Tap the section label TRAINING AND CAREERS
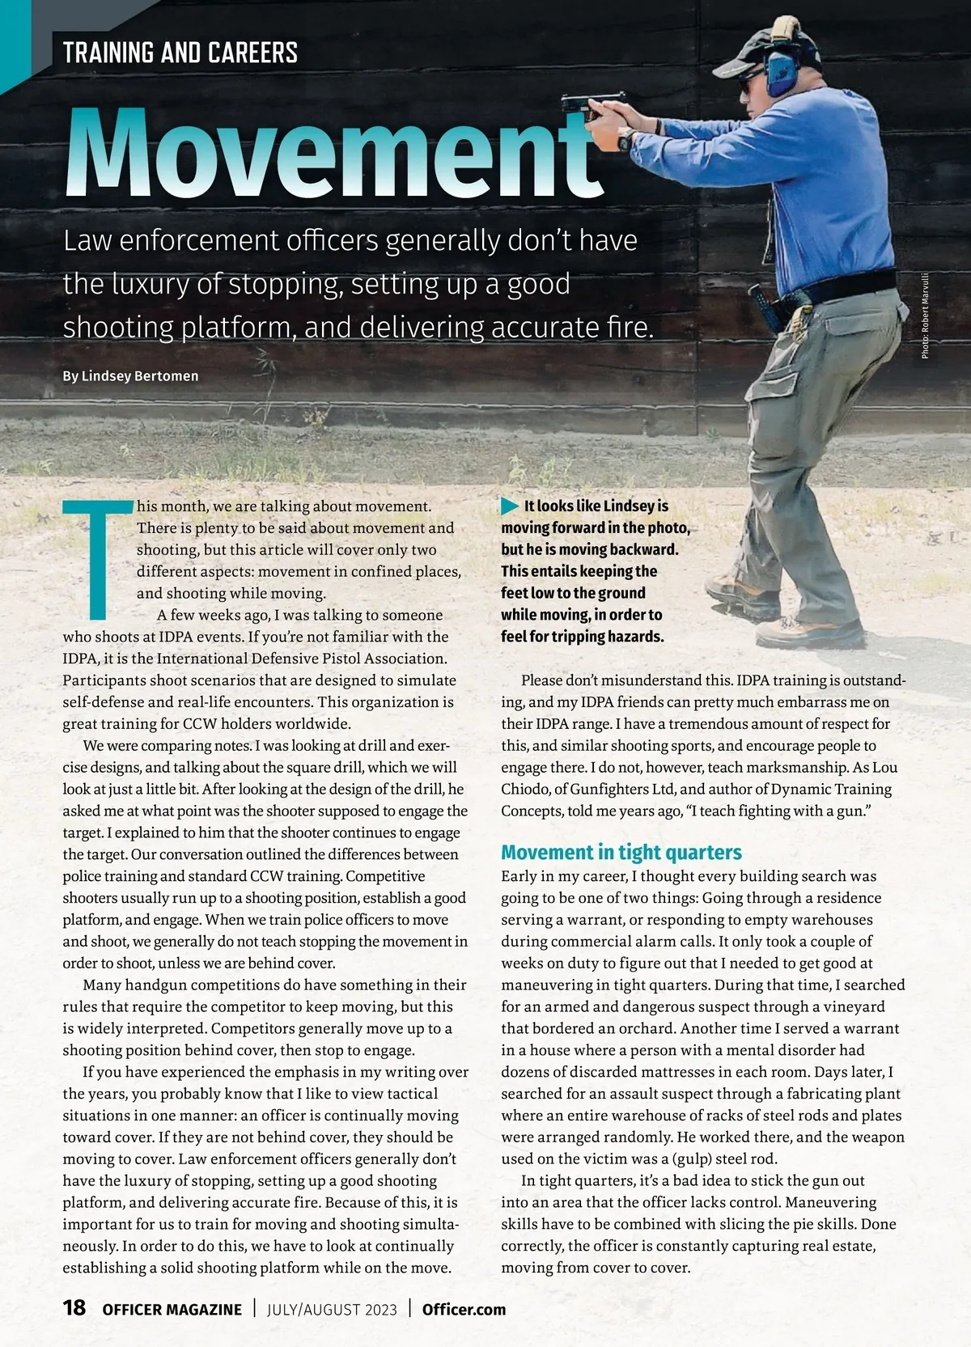coord(180,53)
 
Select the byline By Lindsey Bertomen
coord(130,376)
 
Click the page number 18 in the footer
coord(74,1308)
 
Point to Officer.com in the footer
coord(464,1309)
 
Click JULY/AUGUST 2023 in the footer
coord(332,1309)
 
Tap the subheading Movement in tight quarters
coord(621,852)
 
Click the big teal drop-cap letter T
coord(97,558)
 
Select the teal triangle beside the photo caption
coord(510,506)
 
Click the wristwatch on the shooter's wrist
coord(625,140)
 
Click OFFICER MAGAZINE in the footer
coord(172,1309)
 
